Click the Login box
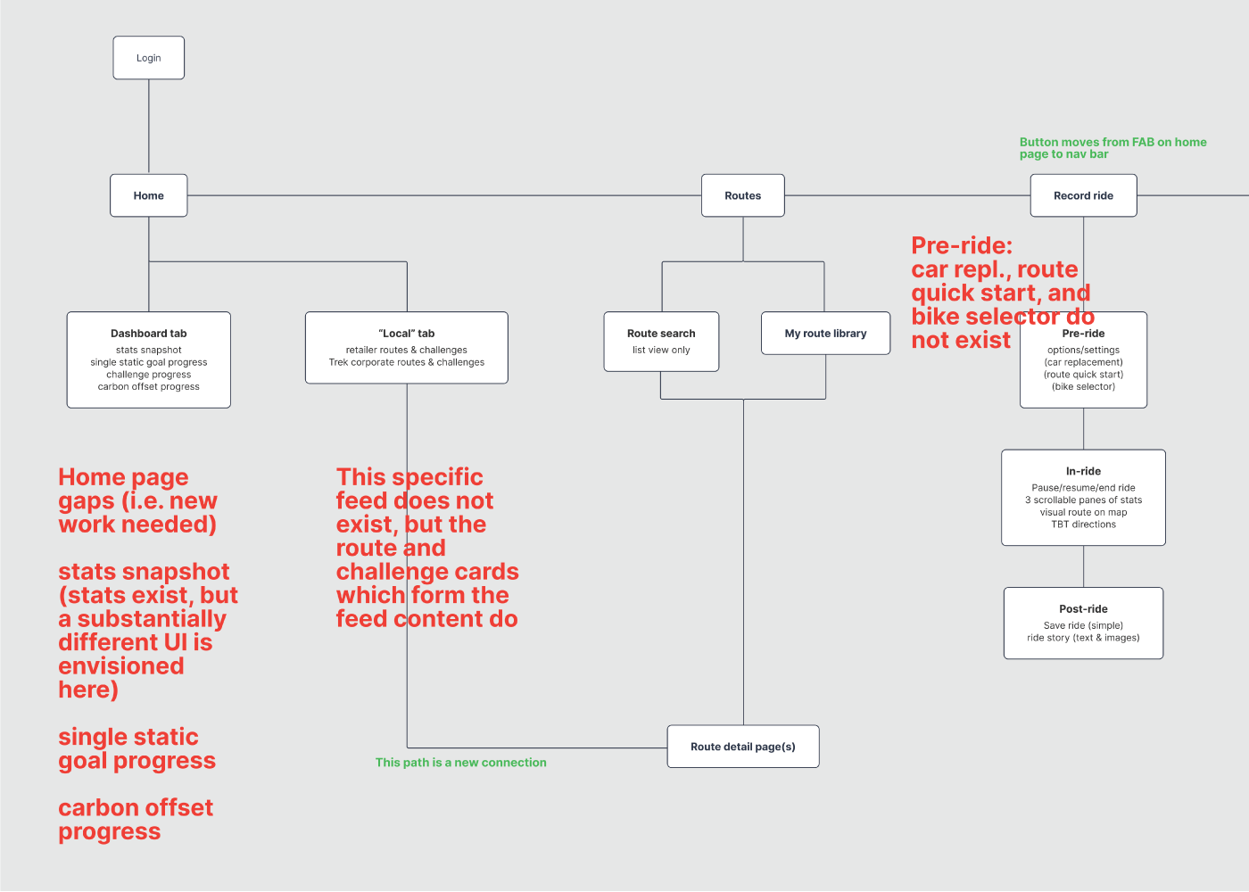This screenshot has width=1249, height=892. pyautogui.click(x=148, y=57)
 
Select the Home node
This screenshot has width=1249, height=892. pyautogui.click(x=148, y=195)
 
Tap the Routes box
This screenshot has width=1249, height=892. pyautogui.click(x=742, y=195)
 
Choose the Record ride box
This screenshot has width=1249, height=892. pyautogui.click(x=1083, y=195)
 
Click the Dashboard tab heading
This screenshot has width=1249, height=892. pyautogui.click(x=148, y=334)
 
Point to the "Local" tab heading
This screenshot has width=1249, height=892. pyautogui.click(x=407, y=334)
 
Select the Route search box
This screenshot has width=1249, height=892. pyautogui.click(x=661, y=341)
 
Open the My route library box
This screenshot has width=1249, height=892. pyautogui.click(x=826, y=333)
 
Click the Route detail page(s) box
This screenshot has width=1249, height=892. pyautogui.click(x=743, y=747)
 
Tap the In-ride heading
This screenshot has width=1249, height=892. pyautogui.click(x=1083, y=471)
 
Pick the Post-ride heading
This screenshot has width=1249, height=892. pyautogui.click(x=1083, y=608)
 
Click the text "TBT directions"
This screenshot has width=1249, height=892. pyautogui.click(x=1083, y=524)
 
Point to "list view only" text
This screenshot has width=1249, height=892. pyautogui.click(x=661, y=350)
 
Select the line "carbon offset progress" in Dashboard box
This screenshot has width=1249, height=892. pyautogui.click(x=148, y=386)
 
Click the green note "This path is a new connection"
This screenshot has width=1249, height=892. pyautogui.click(x=460, y=762)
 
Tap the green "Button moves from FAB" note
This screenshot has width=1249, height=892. pyautogui.click(x=1113, y=148)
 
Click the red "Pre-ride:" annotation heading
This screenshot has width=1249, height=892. pyautogui.click(x=962, y=245)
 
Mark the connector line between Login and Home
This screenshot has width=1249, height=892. pyautogui.click(x=149, y=127)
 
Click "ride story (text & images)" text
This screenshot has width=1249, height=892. pyautogui.click(x=1083, y=637)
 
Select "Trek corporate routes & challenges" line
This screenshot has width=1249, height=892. pyautogui.click(x=407, y=362)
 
